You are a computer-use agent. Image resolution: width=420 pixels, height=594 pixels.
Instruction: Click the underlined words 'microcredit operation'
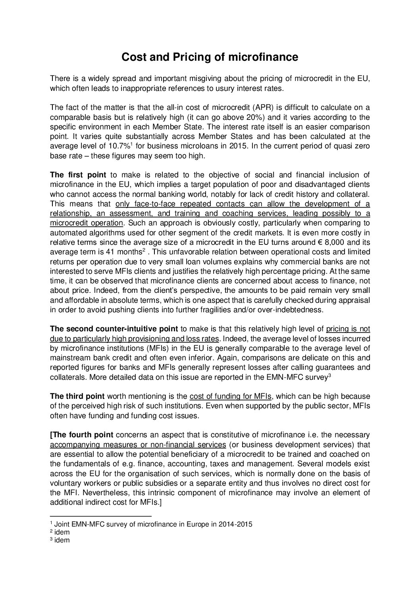(x=87, y=223)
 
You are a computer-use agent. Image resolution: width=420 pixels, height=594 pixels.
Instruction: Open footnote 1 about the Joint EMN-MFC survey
(x=153, y=524)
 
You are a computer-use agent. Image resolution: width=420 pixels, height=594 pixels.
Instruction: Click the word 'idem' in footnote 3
(x=62, y=540)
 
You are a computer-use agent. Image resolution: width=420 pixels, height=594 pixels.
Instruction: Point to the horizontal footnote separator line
(x=101, y=516)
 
